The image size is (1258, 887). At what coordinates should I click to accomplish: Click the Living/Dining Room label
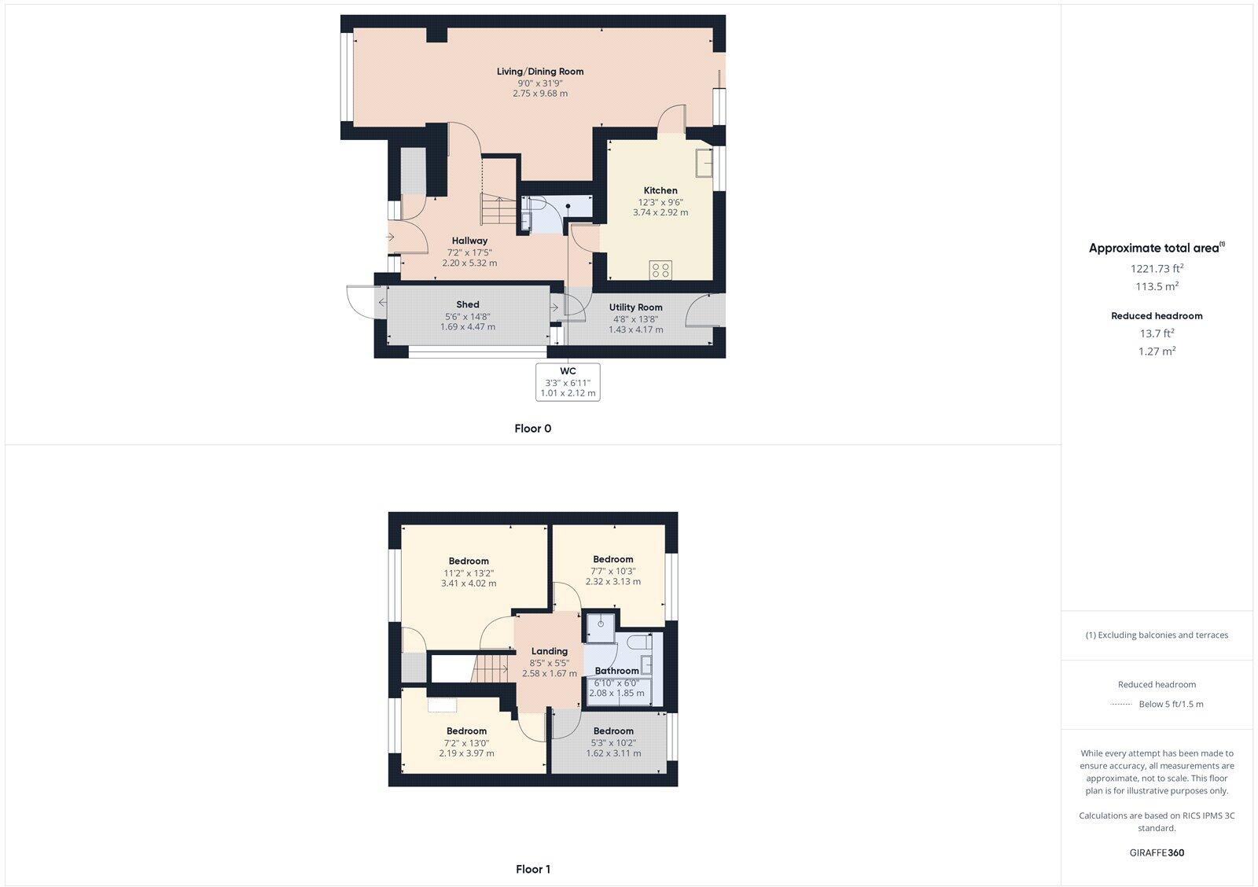539,72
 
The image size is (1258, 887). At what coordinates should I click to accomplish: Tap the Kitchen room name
660,190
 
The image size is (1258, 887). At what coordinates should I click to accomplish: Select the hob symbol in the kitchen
660,271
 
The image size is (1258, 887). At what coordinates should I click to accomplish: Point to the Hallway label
469,241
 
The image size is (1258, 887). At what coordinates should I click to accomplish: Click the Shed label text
468,304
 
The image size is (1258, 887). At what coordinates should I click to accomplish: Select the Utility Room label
636,307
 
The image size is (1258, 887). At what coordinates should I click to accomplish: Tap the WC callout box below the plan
568,382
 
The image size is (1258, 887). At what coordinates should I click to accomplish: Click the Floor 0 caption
533,429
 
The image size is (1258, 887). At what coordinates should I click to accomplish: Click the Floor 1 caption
533,869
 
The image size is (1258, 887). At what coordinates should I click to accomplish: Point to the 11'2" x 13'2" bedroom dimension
469,572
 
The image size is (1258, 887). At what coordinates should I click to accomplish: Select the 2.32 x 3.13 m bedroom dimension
613,582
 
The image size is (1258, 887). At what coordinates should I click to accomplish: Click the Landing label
550,651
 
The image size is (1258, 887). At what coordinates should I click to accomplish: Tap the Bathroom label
617,671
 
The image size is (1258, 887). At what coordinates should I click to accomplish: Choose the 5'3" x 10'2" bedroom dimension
613,742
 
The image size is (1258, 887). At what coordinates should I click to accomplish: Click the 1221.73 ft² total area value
1157,268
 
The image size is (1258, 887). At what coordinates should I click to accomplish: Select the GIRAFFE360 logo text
1157,852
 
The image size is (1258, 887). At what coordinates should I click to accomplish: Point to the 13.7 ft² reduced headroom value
1157,333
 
